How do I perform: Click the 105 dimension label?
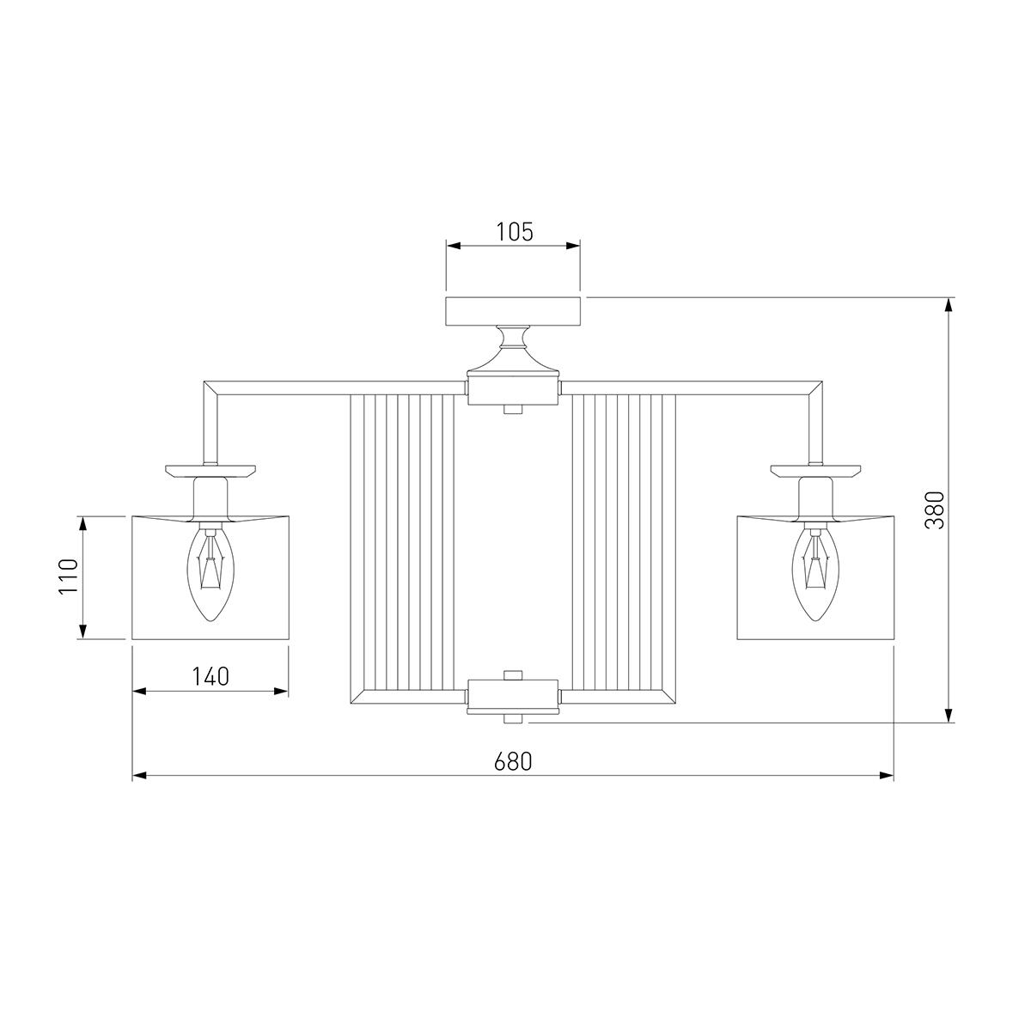[514, 232]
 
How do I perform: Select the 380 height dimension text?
[936, 509]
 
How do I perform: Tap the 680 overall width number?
[513, 762]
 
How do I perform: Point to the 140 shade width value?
[210, 677]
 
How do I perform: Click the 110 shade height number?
[69, 577]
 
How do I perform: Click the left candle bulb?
[210, 571]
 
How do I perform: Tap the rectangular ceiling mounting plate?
[513, 311]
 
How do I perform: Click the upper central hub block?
[513, 392]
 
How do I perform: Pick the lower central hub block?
[513, 697]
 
